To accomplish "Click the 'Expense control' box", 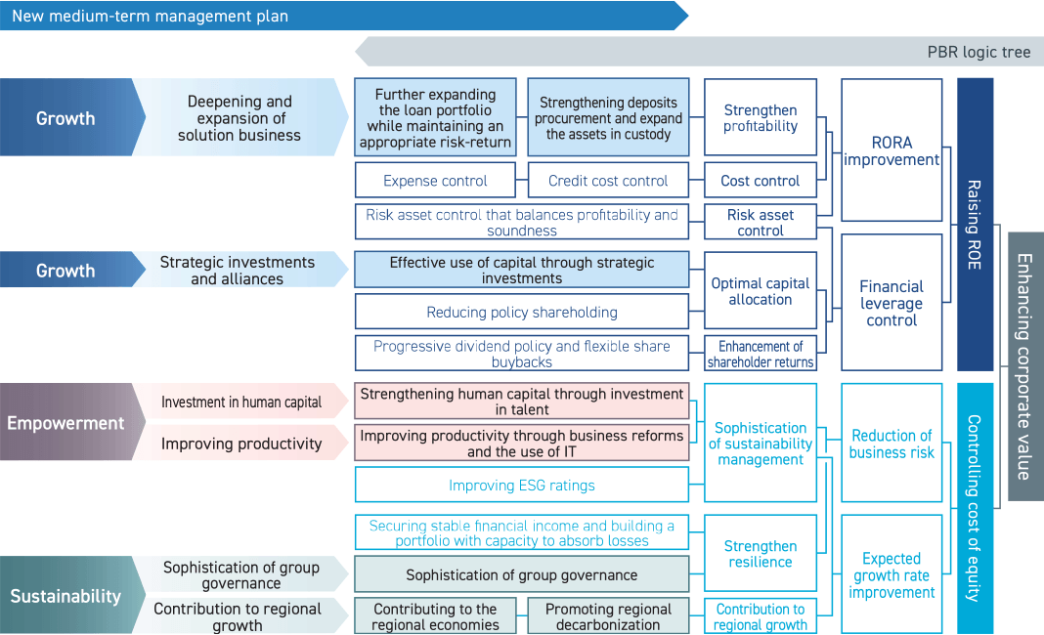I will coord(435,181).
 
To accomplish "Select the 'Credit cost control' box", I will coord(608,181).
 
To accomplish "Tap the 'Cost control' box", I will coord(761,181).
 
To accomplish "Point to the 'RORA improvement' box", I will coord(892,150).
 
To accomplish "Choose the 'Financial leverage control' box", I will coord(892,302).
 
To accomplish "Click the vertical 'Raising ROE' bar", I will coord(976,224).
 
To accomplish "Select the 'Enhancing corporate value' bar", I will coord(1025,366).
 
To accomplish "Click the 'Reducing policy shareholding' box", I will coord(522,312).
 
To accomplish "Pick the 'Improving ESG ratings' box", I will coord(522,485).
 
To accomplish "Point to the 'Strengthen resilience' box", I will coord(761,554).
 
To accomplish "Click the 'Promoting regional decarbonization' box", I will coord(608,616).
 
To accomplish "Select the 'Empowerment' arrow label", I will coord(65,423).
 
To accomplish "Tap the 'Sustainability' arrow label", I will coord(65,596).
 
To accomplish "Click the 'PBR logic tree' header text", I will coord(979,52).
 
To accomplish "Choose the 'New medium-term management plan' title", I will coord(151,17).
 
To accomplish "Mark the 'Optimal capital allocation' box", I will coord(761,291).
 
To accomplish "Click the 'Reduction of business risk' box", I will coord(892,444).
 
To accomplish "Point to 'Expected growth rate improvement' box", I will coord(892,574).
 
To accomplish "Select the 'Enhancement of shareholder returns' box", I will coord(761,353).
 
